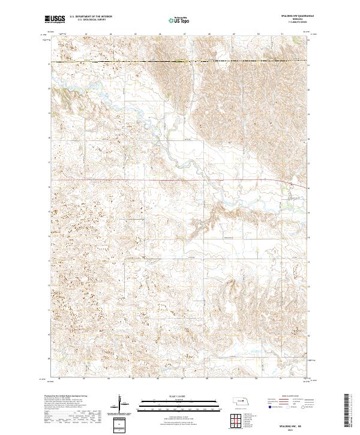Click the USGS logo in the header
point(55,19)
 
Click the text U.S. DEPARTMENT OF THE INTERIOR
point(91,17)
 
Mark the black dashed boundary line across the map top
point(180,62)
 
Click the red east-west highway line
point(150,179)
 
